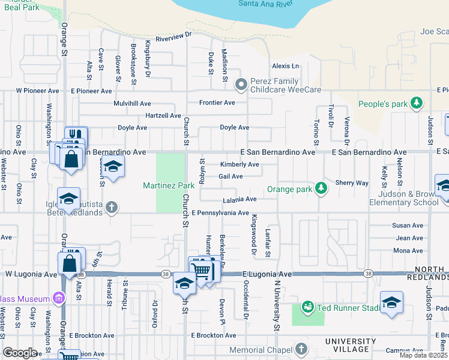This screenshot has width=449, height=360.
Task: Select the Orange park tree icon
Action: point(322,188)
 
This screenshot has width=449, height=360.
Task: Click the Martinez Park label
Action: point(168,185)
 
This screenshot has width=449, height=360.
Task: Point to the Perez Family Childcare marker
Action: point(241,85)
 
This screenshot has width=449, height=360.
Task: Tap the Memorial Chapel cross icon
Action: point(301,349)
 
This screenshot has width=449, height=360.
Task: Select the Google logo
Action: point(20,353)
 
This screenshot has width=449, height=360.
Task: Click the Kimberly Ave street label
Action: point(240,164)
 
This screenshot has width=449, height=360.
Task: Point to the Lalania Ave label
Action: point(240,199)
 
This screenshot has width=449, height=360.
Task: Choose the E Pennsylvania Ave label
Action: point(220,213)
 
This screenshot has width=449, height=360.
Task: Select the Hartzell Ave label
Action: point(163,115)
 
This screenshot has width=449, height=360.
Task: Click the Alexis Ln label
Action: point(285,66)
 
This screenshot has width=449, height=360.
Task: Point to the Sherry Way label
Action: point(351,182)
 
